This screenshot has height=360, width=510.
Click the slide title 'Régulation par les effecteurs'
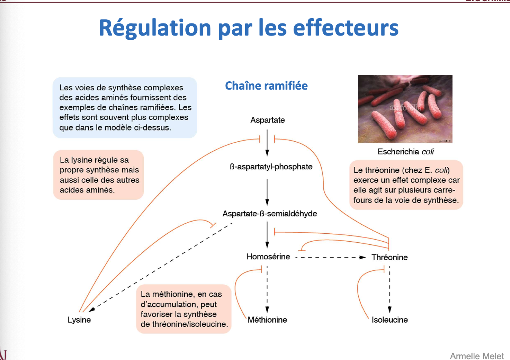249,28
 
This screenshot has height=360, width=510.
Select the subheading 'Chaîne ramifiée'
266,86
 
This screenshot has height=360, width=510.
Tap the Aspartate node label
267,120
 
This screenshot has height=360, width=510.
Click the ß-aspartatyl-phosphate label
271,167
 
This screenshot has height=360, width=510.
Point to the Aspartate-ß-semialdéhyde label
269,214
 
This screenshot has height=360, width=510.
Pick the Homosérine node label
268,257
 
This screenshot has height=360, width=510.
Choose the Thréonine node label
389,258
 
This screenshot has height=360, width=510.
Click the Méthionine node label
267,320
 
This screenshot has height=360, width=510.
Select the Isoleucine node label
390,320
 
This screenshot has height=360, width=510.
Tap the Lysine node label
79,320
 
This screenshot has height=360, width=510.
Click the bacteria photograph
405,109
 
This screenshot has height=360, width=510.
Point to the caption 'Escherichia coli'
406,152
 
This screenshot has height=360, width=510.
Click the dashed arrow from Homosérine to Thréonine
329,258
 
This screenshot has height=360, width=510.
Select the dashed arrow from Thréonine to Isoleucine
390,289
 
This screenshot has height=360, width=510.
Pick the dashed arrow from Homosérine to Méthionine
267,289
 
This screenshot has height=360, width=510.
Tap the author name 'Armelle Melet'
477,356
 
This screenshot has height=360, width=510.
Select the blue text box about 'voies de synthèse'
125,108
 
